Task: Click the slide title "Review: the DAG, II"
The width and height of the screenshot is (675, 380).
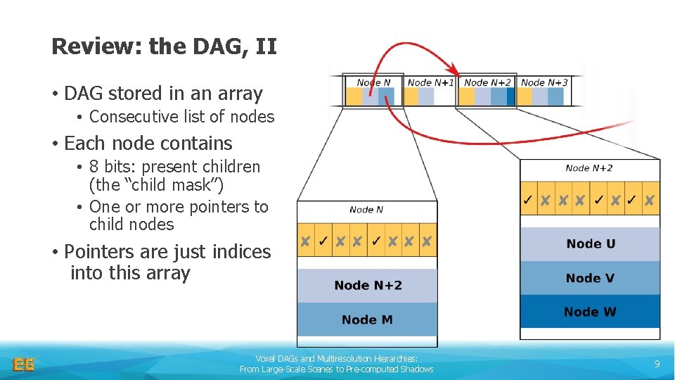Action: (164, 46)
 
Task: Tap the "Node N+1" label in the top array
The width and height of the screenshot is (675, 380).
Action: (430, 82)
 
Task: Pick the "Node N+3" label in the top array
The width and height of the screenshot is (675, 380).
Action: (544, 82)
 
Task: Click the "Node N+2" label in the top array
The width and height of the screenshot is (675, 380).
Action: (487, 82)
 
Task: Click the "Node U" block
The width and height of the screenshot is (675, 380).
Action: (590, 243)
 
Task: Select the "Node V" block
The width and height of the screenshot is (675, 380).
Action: (590, 278)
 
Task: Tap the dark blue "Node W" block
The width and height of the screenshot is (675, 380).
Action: (590, 312)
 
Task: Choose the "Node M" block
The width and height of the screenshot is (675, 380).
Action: (367, 319)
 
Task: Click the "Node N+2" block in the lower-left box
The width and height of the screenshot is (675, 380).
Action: (368, 285)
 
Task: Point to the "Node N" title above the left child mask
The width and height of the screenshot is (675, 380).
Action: (366, 210)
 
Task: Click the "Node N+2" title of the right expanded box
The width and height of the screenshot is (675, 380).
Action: (589, 168)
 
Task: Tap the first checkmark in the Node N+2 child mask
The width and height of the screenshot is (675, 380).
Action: (527, 201)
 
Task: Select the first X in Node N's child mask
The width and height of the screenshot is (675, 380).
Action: (305, 242)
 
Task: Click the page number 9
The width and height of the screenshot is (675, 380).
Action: (657, 364)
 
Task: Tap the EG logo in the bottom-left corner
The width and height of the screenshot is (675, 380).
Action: (23, 364)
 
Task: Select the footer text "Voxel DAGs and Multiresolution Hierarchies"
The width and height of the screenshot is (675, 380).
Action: (336, 358)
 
